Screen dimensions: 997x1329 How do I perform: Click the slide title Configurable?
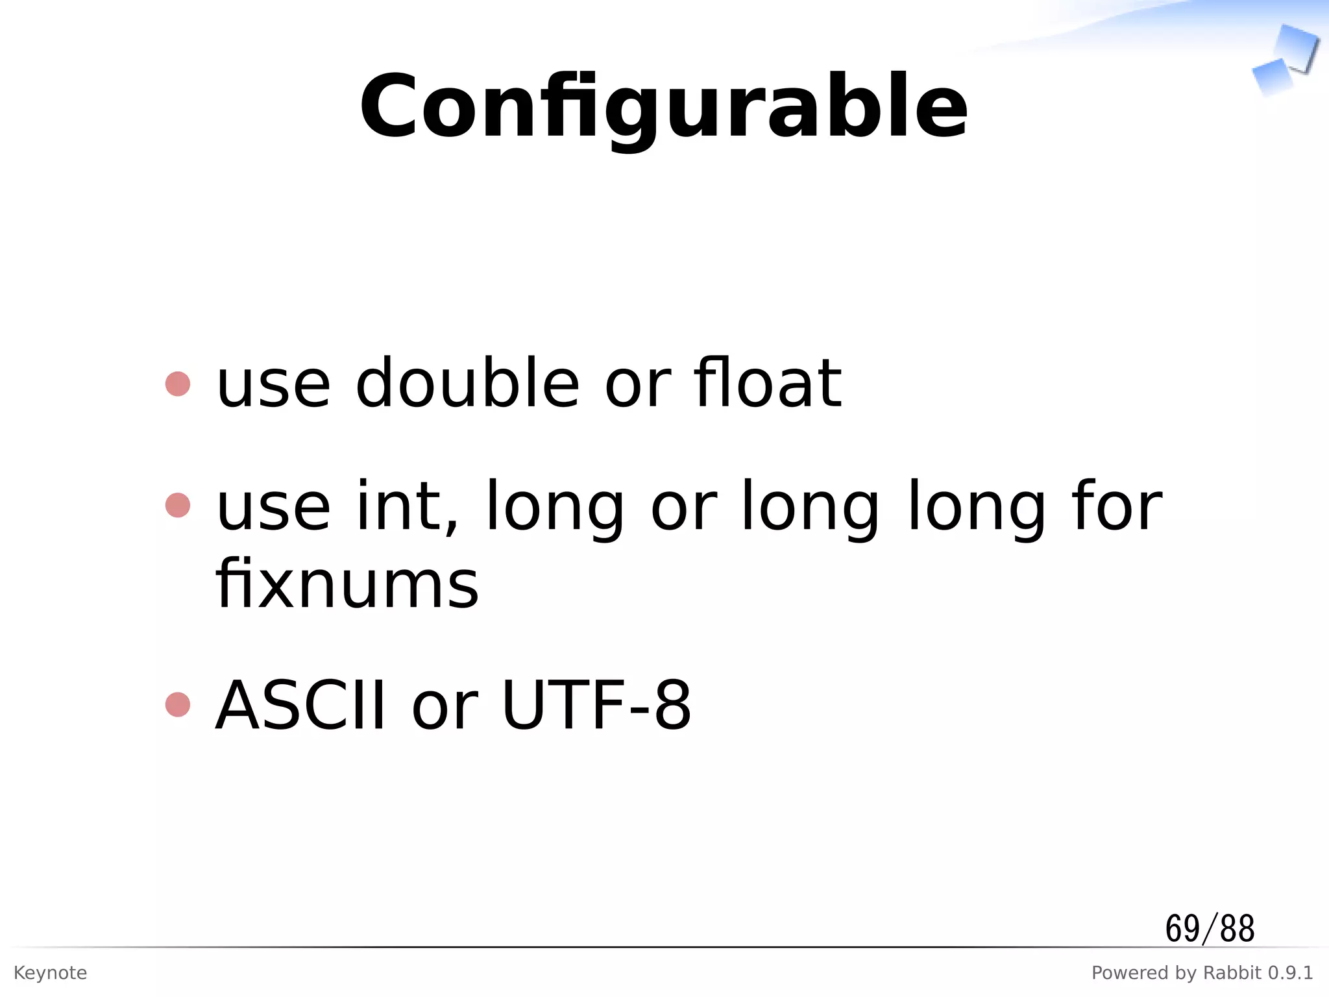click(x=663, y=107)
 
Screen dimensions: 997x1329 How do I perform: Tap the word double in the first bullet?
click(x=467, y=384)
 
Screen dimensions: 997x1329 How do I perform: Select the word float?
click(x=768, y=384)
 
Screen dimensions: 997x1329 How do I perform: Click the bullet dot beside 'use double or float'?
click(x=178, y=384)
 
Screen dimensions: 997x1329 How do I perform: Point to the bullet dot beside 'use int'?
click(x=178, y=506)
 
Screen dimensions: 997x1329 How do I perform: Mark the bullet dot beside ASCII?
click(x=178, y=705)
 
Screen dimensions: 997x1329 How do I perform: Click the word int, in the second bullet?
click(x=408, y=507)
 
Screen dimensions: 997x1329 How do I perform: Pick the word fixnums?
click(x=347, y=585)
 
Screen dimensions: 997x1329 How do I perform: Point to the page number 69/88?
click(x=1210, y=928)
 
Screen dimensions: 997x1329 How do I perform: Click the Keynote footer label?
click(x=50, y=973)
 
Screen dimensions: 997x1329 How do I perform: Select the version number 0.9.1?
click(x=1291, y=973)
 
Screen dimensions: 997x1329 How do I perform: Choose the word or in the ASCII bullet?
click(x=445, y=706)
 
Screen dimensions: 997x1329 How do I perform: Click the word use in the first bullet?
click(x=273, y=385)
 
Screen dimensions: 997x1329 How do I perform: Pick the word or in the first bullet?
click(x=637, y=385)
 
